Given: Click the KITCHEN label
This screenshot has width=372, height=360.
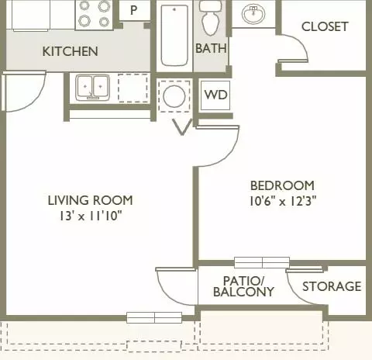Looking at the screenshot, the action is (71, 51).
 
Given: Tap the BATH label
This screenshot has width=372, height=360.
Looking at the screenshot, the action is (211, 48).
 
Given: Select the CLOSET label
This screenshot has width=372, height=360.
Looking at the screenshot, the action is (325, 26).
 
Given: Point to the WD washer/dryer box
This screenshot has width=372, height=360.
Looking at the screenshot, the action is (215, 95).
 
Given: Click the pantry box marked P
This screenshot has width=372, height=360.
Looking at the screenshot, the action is (134, 10).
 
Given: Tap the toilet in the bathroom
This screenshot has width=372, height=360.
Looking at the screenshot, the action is (211, 18).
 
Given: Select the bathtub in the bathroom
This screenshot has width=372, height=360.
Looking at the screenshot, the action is (174, 36).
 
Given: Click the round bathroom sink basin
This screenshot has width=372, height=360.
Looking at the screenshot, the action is (253, 13).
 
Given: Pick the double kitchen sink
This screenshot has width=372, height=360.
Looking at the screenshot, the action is (92, 88).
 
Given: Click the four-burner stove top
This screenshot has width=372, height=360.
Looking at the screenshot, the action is (94, 14).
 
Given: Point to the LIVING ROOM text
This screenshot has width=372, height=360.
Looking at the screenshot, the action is (91, 200).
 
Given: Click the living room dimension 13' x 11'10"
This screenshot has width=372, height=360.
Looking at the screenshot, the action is (91, 216).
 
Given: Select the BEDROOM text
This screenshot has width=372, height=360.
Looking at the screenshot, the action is (282, 185).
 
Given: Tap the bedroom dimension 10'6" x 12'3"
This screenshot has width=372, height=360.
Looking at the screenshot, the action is (283, 201).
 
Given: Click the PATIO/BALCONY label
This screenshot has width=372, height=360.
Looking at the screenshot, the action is (243, 286).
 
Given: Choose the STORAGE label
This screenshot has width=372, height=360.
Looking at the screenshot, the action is (332, 286).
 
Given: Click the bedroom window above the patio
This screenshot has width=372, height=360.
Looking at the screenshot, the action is (262, 262).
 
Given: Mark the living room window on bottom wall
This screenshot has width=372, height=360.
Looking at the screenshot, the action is (154, 317).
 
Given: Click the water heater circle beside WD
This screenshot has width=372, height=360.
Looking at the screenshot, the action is (174, 96).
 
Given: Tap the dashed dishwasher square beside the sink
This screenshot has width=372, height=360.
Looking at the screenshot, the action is (133, 88).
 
